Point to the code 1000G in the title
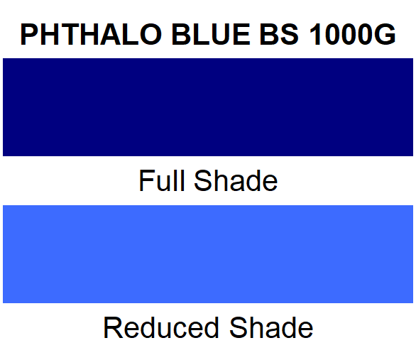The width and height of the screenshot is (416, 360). [351, 34]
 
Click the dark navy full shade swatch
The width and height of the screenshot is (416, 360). [208, 107]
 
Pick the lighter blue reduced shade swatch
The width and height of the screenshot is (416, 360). [208, 253]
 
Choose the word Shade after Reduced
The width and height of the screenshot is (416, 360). [270, 327]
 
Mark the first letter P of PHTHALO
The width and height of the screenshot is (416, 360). [30, 34]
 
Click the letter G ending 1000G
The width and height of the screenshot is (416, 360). [383, 34]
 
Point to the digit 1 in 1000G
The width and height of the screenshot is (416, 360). [317, 34]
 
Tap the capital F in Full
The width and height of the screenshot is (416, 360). [146, 180]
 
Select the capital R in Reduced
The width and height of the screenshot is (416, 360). [114, 327]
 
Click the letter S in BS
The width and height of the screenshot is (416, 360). [287, 34]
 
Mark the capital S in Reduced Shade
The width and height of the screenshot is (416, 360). [238, 327]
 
